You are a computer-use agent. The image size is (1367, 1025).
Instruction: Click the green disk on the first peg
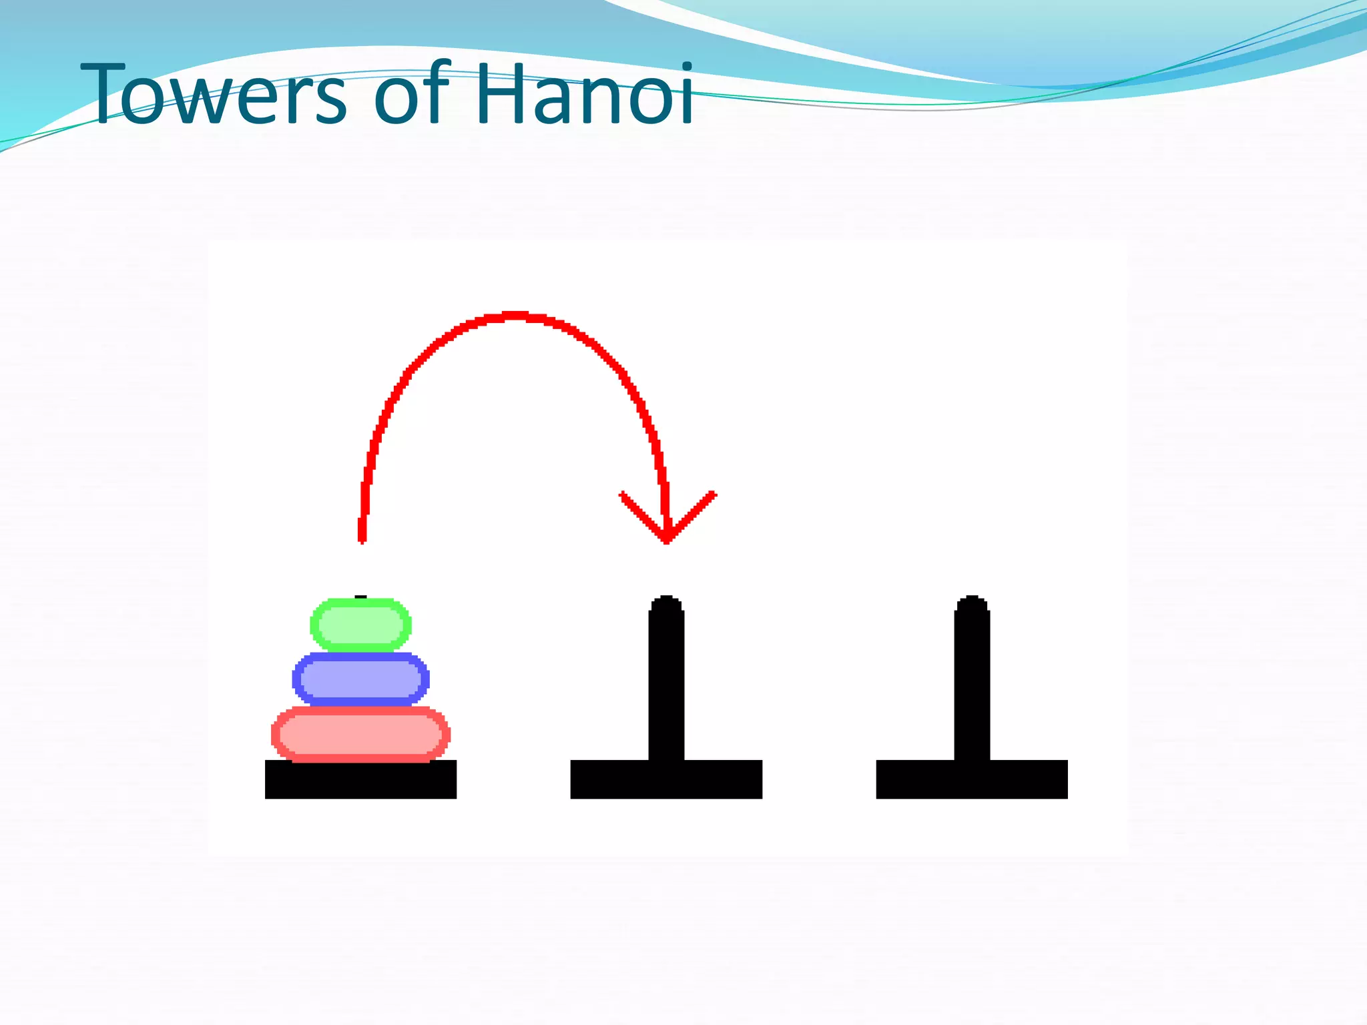360,625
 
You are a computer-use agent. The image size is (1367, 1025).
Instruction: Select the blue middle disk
360,679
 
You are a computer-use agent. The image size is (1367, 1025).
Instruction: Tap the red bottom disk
360,734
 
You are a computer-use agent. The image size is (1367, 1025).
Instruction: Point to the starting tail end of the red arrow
362,538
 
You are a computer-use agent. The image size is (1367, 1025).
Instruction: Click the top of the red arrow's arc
515,316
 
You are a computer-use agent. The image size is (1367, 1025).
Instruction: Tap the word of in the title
410,93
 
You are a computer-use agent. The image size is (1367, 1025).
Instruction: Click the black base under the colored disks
360,779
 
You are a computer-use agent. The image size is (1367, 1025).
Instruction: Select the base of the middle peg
666,779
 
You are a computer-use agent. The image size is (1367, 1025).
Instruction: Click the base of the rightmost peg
972,779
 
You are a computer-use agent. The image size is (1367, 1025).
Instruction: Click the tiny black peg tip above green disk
360,597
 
